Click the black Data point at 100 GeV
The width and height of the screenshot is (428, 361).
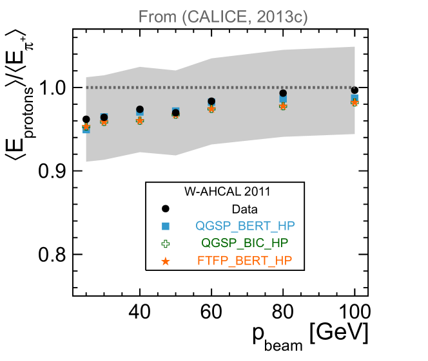point(355,90)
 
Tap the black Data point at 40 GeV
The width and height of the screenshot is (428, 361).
point(140,109)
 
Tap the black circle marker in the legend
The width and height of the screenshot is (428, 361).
point(166,208)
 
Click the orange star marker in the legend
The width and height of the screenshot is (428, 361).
point(166,261)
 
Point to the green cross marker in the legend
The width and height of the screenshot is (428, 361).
point(166,243)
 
